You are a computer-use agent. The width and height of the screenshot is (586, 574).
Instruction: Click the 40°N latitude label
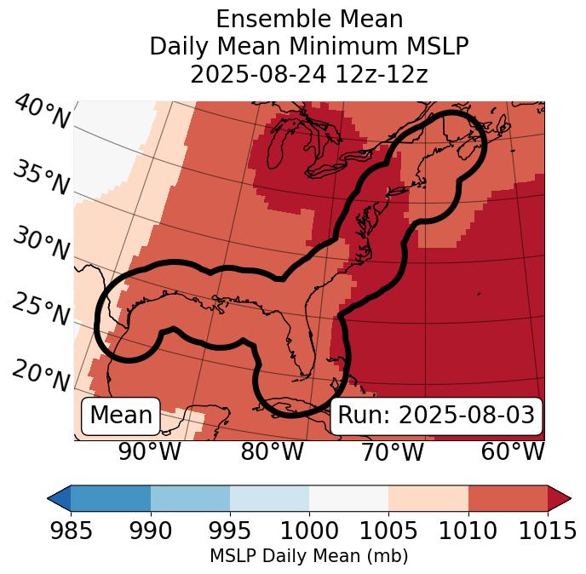tap(41, 113)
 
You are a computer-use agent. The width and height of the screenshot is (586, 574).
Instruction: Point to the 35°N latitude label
tap(40, 178)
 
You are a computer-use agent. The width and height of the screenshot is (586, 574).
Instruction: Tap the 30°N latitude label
tap(40, 244)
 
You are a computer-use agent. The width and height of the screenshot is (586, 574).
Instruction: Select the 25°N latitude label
tap(40, 310)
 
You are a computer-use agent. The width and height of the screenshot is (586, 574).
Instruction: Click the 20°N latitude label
tap(40, 376)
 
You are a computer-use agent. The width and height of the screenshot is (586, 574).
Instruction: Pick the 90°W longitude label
tap(149, 451)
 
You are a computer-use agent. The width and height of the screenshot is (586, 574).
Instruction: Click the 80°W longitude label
tap(272, 451)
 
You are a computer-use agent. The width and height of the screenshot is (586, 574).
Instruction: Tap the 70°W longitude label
tap(391, 451)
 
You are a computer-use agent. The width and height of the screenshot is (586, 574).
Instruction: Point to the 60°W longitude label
tap(513, 451)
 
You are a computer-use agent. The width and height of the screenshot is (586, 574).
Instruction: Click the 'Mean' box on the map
tap(121, 416)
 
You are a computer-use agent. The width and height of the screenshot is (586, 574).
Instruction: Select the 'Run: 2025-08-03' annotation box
tap(436, 416)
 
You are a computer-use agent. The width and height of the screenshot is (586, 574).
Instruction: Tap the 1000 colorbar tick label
tap(308, 531)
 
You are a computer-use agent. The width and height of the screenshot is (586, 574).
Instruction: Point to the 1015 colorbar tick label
tap(546, 531)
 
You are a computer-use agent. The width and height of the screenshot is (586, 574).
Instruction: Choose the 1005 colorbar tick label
tap(388, 531)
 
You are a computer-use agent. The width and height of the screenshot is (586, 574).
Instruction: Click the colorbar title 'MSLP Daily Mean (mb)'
tap(308, 556)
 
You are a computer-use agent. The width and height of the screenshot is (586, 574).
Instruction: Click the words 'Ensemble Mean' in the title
tap(308, 19)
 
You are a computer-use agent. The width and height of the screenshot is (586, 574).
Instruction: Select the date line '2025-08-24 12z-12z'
tap(308, 74)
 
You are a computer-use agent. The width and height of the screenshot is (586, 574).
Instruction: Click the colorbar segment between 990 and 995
tap(190, 498)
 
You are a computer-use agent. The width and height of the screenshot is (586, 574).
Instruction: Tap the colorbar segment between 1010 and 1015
tap(508, 498)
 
